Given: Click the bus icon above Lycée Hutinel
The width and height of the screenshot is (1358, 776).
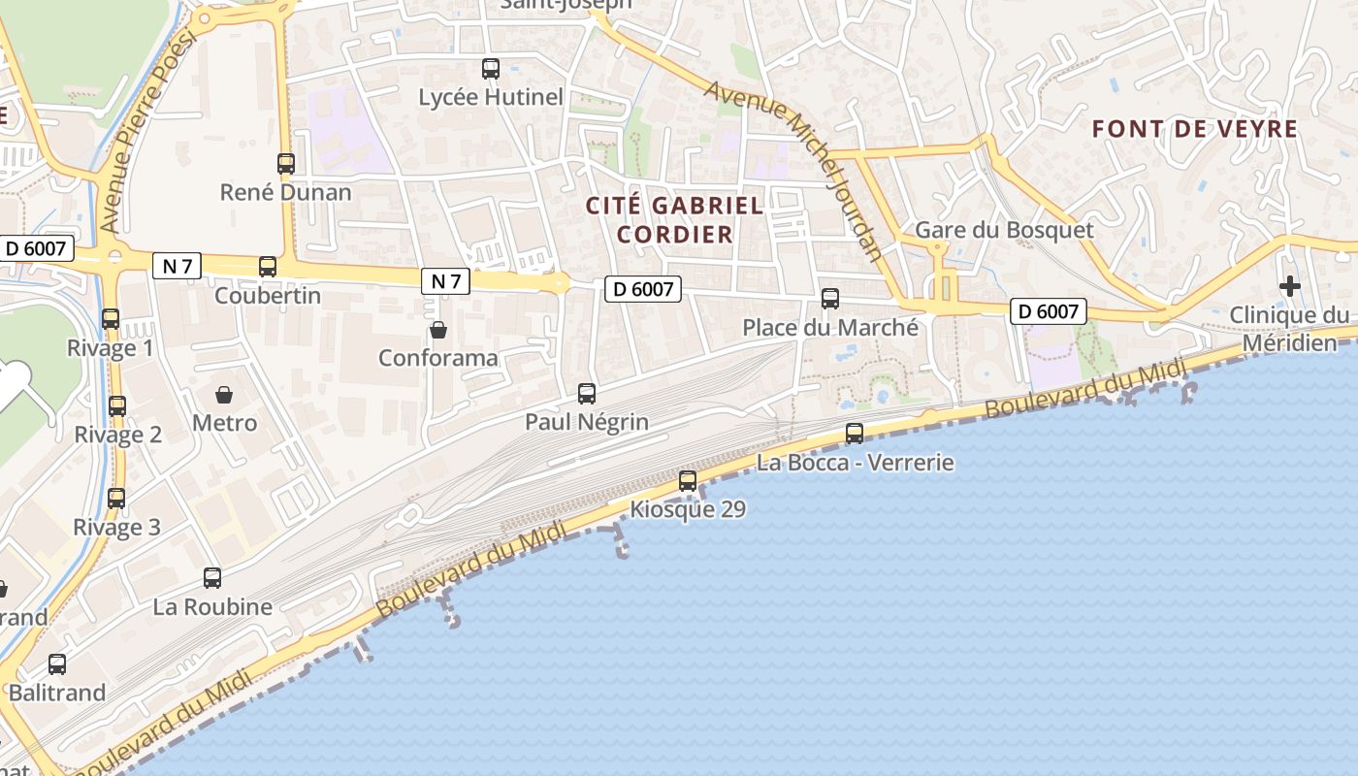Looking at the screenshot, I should (x=491, y=69).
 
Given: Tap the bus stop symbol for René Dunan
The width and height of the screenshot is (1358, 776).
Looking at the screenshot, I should (x=286, y=164).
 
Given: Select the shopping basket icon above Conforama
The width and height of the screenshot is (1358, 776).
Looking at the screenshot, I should (x=438, y=330).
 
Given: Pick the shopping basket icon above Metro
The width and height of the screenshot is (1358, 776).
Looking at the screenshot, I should (x=224, y=395).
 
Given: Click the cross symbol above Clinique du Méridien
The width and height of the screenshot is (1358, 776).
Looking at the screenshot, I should (x=1289, y=286).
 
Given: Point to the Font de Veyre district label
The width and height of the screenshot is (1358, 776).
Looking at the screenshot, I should (x=1194, y=129).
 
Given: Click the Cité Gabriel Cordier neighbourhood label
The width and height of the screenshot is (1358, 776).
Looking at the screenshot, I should (x=675, y=219).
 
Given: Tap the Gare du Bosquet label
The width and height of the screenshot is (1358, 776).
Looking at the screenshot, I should (x=1004, y=230).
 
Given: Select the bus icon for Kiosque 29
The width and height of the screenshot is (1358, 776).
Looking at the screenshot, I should (x=688, y=480).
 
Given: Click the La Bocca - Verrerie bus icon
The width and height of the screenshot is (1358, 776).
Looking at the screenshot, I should (x=855, y=434).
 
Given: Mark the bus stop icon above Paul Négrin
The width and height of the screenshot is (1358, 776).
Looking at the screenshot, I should (x=587, y=393).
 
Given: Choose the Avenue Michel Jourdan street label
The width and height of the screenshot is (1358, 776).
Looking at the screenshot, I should (x=794, y=171).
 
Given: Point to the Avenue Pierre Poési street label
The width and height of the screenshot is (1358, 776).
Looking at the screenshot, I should (x=147, y=131).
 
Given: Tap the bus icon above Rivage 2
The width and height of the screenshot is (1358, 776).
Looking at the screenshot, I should (x=117, y=406).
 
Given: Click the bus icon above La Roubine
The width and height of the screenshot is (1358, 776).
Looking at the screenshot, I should (x=212, y=578).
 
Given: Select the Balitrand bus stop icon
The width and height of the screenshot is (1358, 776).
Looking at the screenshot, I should (x=57, y=664).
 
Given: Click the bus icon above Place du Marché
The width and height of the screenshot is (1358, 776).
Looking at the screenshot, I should (x=830, y=299).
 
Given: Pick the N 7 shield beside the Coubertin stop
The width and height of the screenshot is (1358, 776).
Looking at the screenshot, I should (x=177, y=266).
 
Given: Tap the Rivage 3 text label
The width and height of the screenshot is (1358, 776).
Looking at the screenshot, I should (x=116, y=528).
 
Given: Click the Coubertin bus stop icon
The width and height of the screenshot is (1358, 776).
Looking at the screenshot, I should (x=268, y=267).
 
